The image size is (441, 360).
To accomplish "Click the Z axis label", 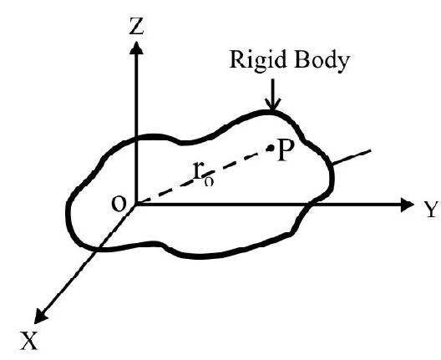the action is tap(136, 26).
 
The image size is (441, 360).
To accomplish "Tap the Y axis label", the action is tap(431, 210).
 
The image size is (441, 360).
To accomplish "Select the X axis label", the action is tap(28, 341).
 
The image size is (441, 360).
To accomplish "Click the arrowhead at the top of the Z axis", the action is tap(136, 48).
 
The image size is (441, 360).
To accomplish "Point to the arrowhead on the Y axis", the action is tap(407, 205).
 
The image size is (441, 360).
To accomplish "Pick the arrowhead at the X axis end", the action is tap(40, 317).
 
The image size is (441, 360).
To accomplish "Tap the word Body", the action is tap(322, 61).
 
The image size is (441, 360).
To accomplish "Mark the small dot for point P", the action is tap(271, 148).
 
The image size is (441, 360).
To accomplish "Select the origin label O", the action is tap(119, 204).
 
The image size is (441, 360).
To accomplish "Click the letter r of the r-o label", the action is tap(198, 170).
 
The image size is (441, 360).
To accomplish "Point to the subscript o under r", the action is tap(209, 182).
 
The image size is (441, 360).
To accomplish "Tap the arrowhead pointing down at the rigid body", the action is tap(272, 104).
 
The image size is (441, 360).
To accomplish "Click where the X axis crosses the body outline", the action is tap(97, 248).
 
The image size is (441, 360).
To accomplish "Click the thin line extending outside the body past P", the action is tap(352, 157).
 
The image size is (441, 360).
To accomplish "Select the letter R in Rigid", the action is tap(237, 59).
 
